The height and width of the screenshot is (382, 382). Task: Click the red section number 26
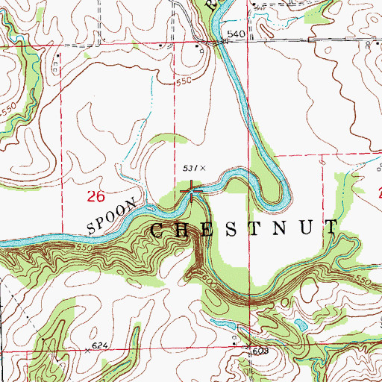pos(94,197)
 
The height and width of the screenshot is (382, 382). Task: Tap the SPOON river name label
pos(111,214)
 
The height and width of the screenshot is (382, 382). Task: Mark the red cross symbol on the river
pos(192,192)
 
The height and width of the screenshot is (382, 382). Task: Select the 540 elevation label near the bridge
pos(236,34)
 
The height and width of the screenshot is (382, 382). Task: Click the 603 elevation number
pos(259,349)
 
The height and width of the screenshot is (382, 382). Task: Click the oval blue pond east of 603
pos(301,325)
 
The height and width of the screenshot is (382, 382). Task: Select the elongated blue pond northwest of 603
pos(226,325)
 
